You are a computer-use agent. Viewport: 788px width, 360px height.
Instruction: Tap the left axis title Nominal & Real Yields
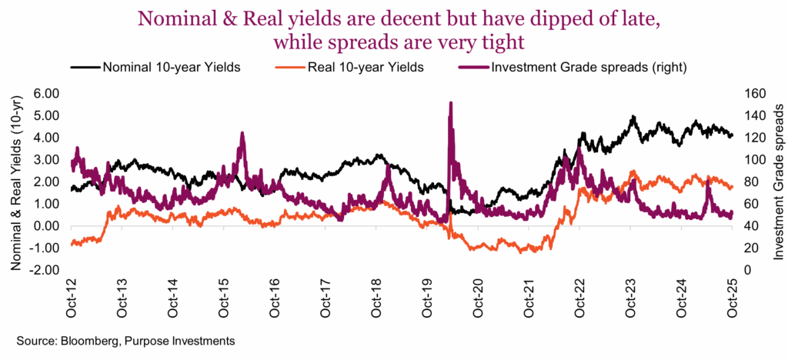(15, 182)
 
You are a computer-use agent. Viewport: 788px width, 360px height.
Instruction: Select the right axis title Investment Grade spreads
(778, 182)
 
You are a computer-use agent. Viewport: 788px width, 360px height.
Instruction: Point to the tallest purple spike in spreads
(450, 103)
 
